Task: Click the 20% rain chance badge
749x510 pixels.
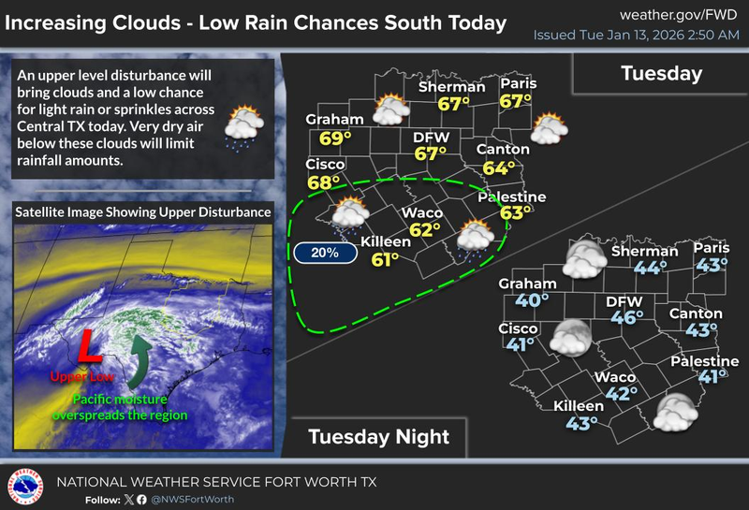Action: pos(320,252)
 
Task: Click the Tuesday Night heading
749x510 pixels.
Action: pos(378,436)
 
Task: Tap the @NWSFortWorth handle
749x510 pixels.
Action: pos(196,499)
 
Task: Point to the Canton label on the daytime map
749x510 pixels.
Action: pos(496,150)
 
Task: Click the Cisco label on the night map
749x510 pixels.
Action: pos(519,328)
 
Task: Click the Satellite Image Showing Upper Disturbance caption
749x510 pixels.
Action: pos(143,212)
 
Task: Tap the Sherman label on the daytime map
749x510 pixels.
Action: pos(451,87)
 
